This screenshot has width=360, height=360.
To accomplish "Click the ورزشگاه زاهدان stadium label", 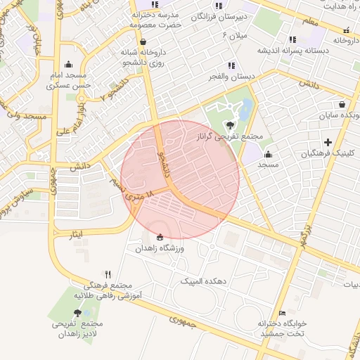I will click(x=159, y=249).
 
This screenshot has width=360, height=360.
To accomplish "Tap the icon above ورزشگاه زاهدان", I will click(x=160, y=237).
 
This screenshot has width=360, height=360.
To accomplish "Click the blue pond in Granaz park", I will click(x=245, y=109).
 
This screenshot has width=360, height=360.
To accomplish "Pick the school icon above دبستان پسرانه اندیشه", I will click(x=292, y=39).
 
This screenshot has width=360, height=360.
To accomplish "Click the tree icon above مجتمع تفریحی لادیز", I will click(x=76, y=312).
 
